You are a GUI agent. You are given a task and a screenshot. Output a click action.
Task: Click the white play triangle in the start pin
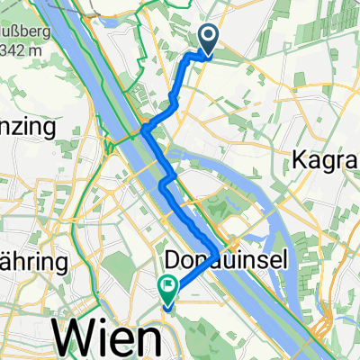pos(208,37)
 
